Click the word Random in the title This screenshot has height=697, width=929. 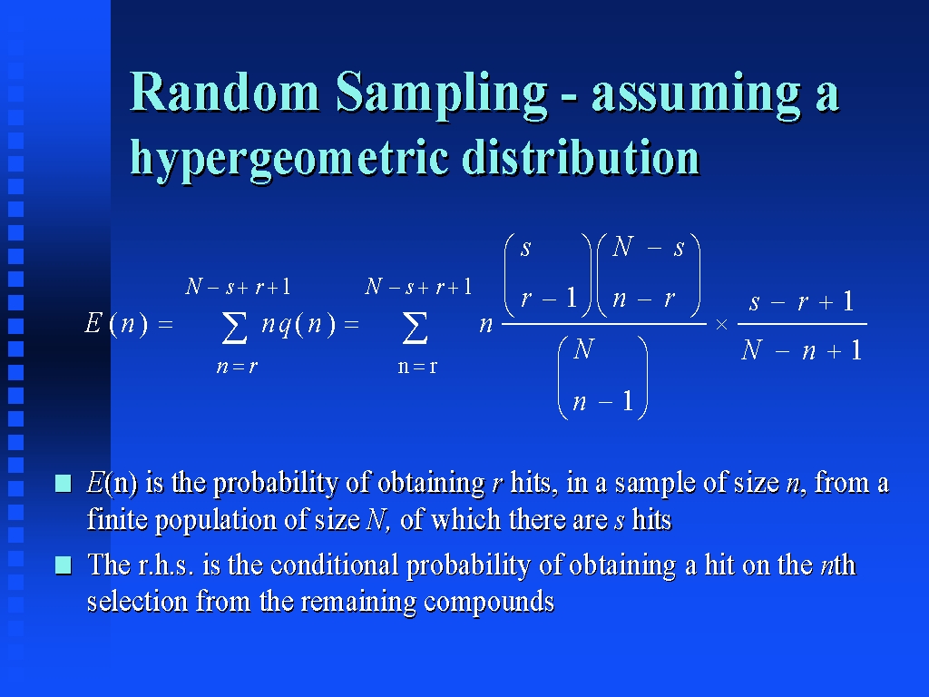(x=225, y=92)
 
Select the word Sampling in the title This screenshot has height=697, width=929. (x=442, y=94)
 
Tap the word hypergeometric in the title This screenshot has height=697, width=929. (x=289, y=159)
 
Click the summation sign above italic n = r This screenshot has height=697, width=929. (x=235, y=328)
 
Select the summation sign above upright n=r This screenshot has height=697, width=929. (x=415, y=328)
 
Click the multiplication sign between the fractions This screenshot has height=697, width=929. (x=721, y=325)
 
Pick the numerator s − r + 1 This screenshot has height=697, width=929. (x=801, y=301)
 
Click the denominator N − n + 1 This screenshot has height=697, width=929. (x=801, y=350)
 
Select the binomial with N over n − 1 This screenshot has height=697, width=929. (x=603, y=377)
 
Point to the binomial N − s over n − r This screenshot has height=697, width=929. (x=649, y=274)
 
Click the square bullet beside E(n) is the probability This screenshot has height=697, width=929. (x=64, y=484)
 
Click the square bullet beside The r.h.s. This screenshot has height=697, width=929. (x=64, y=565)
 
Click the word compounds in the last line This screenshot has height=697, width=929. (x=489, y=604)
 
